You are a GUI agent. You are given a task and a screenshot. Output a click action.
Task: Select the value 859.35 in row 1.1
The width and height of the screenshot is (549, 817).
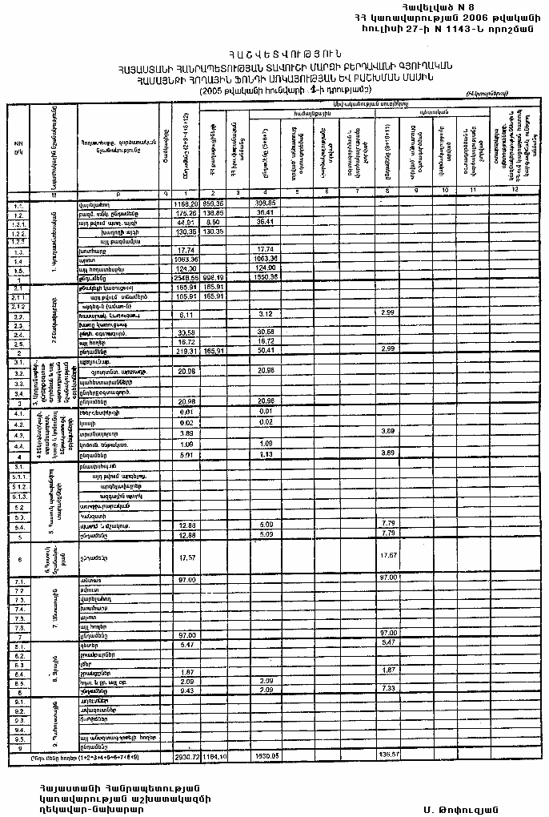(213, 204)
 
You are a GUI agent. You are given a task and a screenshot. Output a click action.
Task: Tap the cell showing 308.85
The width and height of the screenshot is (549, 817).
(265, 204)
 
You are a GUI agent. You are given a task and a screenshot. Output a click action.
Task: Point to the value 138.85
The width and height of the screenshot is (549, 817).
(213, 213)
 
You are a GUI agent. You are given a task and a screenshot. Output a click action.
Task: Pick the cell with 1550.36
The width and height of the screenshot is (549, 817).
(265, 277)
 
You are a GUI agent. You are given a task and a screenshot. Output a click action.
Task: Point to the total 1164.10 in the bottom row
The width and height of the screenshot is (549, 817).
(213, 755)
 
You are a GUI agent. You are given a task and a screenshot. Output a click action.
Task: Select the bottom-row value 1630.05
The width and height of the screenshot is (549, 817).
(265, 755)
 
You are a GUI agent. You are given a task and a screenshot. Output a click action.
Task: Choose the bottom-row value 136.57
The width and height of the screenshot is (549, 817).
(389, 755)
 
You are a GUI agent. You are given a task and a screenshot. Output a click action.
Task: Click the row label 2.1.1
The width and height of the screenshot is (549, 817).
(18, 296)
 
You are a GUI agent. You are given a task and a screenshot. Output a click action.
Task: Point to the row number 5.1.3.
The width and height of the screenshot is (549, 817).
(18, 497)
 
